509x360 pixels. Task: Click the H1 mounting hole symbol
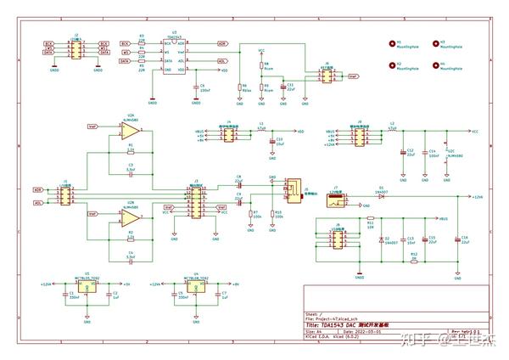(392, 42)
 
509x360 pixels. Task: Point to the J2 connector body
(75, 51)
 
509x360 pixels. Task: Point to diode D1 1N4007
(381, 196)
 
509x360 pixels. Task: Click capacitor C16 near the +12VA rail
(457, 240)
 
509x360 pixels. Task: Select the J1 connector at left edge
(66, 196)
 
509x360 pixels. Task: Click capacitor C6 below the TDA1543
(196, 87)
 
